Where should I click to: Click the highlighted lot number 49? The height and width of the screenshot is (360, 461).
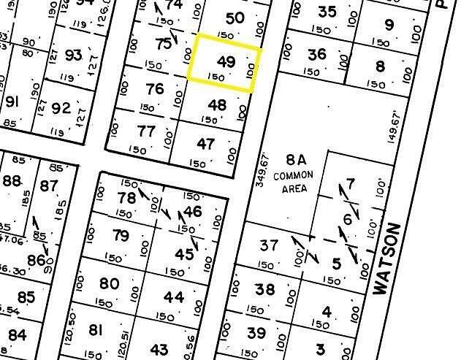[x=226, y=62]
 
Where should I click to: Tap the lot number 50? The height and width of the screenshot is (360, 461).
[x=235, y=19]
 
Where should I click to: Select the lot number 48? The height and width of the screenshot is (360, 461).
[x=217, y=105]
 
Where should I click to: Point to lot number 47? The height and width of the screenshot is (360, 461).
[x=207, y=143]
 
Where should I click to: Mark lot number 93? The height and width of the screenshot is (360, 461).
[x=73, y=55]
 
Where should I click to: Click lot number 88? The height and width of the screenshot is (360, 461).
[x=12, y=181]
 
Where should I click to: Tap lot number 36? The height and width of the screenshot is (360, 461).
[x=317, y=54]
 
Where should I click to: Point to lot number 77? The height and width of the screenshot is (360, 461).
[x=146, y=131]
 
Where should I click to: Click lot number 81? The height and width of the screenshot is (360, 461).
[x=95, y=330]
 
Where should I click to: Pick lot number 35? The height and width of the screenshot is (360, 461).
[x=328, y=12]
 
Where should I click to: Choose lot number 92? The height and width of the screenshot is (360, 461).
[x=61, y=110]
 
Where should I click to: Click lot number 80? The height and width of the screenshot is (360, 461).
[x=109, y=283]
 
